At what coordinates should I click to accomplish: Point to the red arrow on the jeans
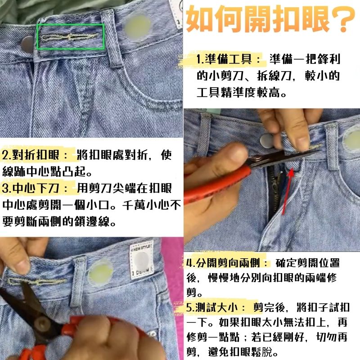tap(288, 191)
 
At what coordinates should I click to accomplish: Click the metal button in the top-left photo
tap(27, 44)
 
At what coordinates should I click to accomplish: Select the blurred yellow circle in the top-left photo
tap(137, 26)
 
